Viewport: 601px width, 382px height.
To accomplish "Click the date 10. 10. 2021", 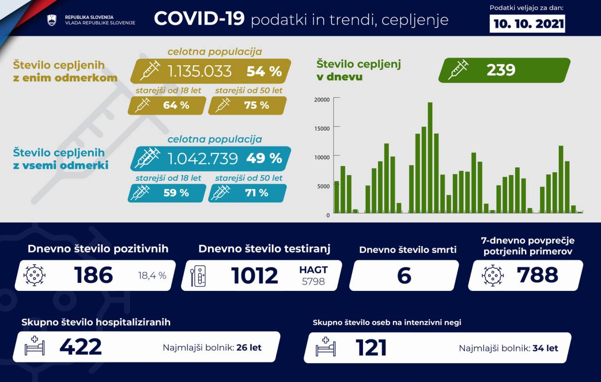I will click(527, 24).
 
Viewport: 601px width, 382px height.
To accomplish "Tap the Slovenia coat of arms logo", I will click(52, 20).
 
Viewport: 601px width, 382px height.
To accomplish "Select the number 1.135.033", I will click(200, 71).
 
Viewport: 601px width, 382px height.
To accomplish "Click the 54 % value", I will click(264, 71).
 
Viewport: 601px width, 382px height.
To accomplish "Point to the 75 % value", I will click(257, 105).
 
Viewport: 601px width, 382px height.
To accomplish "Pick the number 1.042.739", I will click(203, 158).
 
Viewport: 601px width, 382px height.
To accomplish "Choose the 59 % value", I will click(176, 193).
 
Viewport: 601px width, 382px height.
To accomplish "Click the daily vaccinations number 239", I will click(501, 70).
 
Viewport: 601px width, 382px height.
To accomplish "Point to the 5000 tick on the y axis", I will click(323, 186).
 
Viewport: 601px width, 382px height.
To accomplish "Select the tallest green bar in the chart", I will click(430, 157).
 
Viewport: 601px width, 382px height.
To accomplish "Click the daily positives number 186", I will click(93, 275).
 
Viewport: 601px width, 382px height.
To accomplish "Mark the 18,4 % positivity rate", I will click(152, 276).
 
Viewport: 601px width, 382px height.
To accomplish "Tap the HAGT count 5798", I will click(313, 281).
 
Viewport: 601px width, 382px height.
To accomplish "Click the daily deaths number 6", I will click(404, 276).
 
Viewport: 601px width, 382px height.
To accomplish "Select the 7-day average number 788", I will click(537, 275).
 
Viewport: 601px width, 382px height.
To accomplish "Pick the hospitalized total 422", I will click(80, 347).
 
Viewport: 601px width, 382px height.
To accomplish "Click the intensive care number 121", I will click(371, 348).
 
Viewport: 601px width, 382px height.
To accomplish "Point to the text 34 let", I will click(545, 348).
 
